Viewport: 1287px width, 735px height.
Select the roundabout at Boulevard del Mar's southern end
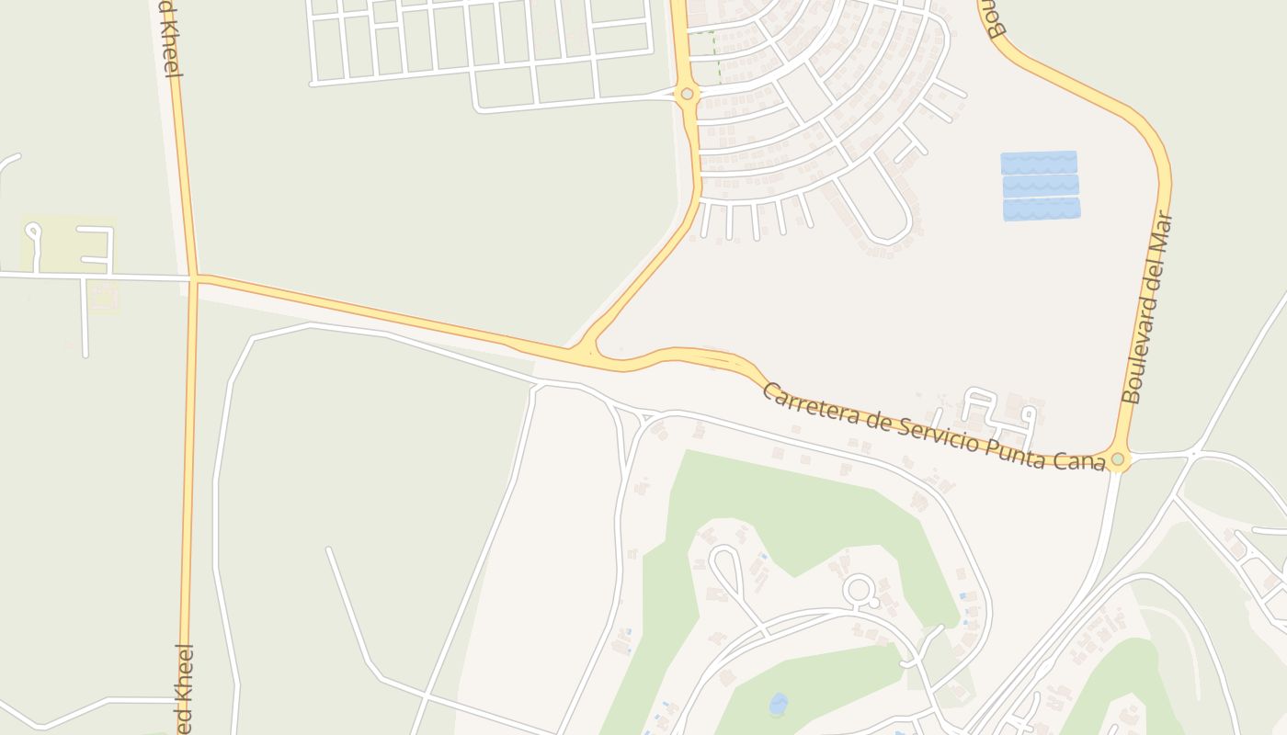(x=1117, y=458)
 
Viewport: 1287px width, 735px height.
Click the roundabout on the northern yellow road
(x=687, y=94)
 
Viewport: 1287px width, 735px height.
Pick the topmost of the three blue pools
(x=1039, y=163)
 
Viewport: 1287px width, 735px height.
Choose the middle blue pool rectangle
(x=1040, y=186)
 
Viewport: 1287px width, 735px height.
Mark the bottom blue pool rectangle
(x=1042, y=209)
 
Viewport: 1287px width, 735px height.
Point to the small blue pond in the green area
(x=779, y=704)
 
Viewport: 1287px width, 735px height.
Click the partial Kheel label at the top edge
(x=167, y=37)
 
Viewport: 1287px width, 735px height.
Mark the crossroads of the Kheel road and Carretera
(x=194, y=276)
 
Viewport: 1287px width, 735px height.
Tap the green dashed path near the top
(x=715, y=55)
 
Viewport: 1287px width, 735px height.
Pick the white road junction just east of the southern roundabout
(x=1192, y=453)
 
